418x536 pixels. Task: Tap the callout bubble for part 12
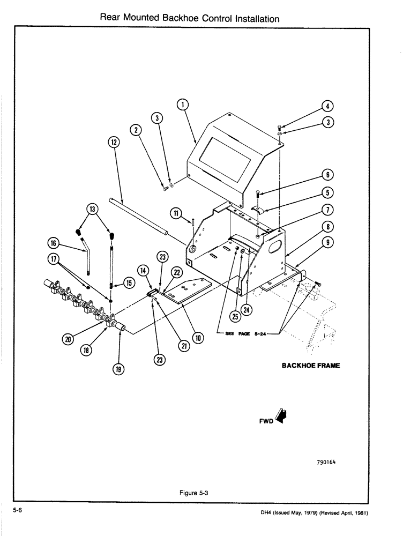[114, 142]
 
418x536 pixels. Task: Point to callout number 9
[329, 242]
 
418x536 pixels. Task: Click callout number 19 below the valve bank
[118, 369]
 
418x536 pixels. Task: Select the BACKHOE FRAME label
[311, 366]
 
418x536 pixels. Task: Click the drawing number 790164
[329, 461]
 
